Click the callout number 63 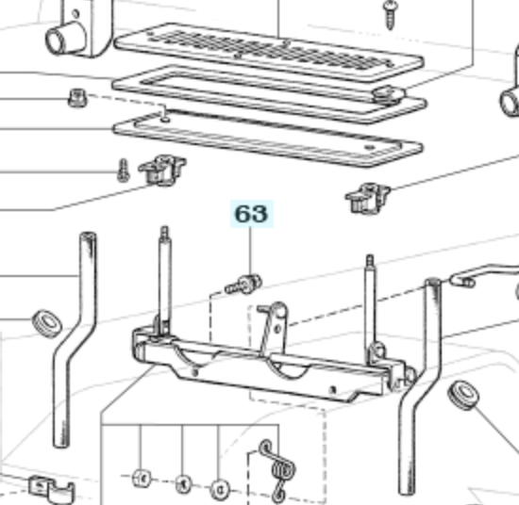pos(252,214)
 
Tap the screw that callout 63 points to pos(243,285)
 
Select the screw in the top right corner pos(391,14)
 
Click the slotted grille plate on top pos(269,51)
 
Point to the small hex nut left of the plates pos(77,98)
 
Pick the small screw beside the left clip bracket pos(123,171)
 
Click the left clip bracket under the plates pos(162,170)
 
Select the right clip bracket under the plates pos(367,198)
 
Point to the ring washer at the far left pos(47,323)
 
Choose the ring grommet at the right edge pos(463,396)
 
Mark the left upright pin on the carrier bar pos(164,281)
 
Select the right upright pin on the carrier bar pos(371,304)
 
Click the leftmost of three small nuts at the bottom pos(142,478)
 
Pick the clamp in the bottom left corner pos(51,491)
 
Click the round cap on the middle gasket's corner pos(389,95)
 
